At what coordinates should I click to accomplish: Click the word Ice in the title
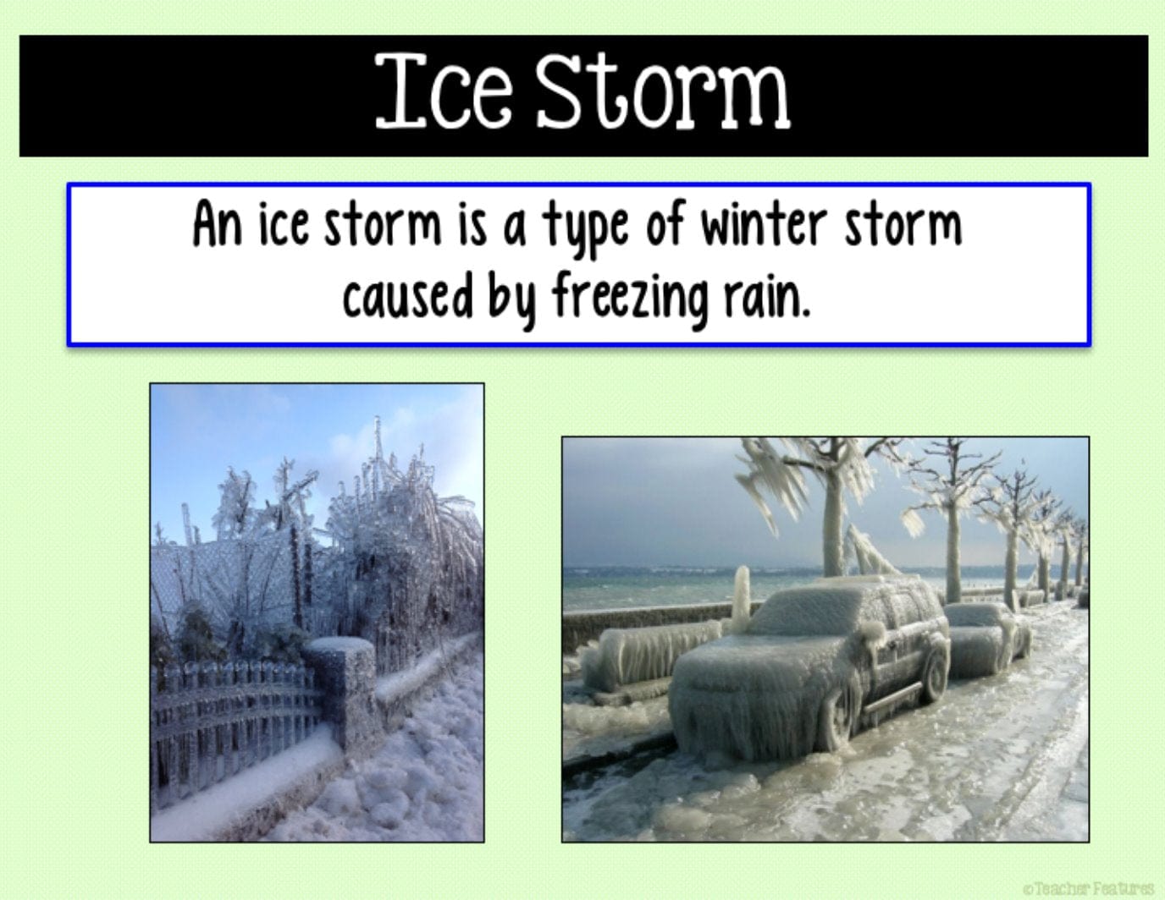444,91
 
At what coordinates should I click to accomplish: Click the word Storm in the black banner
663,91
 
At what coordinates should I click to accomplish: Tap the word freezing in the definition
630,299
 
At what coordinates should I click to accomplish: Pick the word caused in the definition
408,296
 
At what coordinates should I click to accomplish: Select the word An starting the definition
217,224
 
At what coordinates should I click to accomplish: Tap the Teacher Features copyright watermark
1089,889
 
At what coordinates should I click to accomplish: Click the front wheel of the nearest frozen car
836,720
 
